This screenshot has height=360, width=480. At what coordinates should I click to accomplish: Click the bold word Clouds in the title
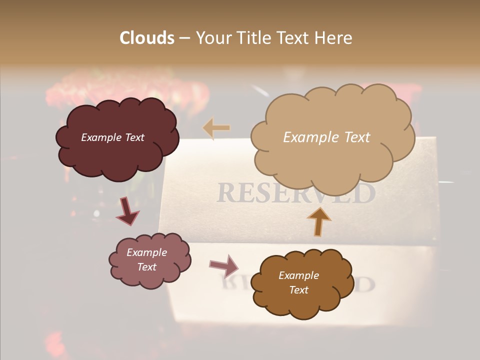pos(146,38)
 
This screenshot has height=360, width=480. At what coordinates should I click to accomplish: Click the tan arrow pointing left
pos(216,129)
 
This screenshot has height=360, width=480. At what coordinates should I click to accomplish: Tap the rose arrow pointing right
pos(224,265)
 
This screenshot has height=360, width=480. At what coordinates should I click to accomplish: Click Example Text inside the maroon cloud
pos(112,137)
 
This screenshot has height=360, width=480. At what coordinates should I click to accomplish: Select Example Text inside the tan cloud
pos(326,137)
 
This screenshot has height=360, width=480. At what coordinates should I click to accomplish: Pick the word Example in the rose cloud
pos(146,252)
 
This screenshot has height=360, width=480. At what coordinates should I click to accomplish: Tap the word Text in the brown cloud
pos(298,290)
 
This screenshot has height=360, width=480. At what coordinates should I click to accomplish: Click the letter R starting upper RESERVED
pos(226,193)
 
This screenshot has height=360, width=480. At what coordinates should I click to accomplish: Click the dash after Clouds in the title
pos(184,38)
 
